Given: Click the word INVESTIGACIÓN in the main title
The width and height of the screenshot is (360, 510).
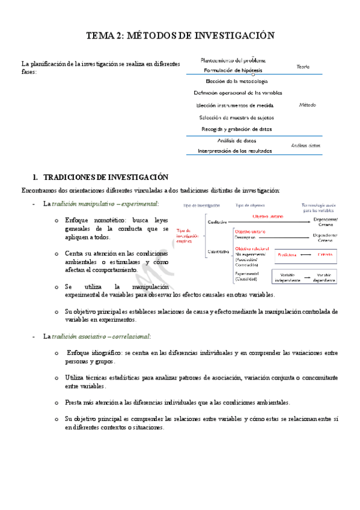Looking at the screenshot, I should [231, 36].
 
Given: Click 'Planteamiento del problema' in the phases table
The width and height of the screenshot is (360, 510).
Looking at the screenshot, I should [233, 60].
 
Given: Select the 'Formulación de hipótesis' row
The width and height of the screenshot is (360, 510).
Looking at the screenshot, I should [233, 70].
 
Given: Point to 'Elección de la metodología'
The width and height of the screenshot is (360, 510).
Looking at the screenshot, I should [236, 81].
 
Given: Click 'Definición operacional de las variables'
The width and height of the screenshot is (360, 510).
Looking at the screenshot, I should [237, 93].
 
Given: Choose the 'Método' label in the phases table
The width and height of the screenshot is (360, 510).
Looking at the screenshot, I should [307, 105].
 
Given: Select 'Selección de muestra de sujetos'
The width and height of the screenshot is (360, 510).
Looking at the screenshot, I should [236, 117].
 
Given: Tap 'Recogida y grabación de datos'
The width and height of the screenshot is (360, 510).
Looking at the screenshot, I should [236, 129].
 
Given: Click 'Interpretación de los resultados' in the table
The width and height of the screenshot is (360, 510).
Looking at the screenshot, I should [235, 150].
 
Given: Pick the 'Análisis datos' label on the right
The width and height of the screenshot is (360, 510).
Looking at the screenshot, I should [305, 146].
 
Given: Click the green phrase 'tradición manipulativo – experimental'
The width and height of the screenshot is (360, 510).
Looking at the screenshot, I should [105, 204].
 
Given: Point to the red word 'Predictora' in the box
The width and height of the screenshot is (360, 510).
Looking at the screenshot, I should [287, 255].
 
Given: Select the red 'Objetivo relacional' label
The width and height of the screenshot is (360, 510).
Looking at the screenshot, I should [251, 248].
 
